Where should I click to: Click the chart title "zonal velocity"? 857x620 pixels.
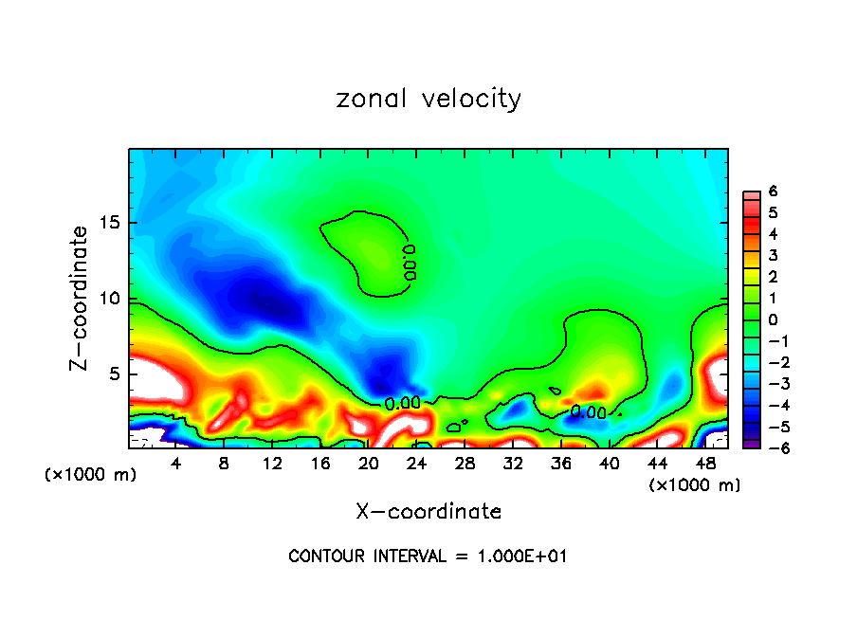point(428,100)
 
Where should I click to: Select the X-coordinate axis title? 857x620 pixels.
point(428,512)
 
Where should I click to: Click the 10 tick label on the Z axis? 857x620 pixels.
point(108,300)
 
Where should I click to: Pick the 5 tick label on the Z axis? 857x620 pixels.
point(114,374)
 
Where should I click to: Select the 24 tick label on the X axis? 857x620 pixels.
point(416,464)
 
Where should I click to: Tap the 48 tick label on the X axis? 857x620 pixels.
point(705,464)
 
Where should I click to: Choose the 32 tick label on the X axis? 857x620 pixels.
point(513,464)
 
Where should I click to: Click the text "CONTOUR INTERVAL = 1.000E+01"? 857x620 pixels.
point(428,556)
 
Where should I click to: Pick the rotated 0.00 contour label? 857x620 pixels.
point(410,262)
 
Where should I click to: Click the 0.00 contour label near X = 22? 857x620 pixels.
point(402,403)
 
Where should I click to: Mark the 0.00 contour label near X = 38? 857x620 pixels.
point(588,412)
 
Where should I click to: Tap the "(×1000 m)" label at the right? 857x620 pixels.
point(694,485)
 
